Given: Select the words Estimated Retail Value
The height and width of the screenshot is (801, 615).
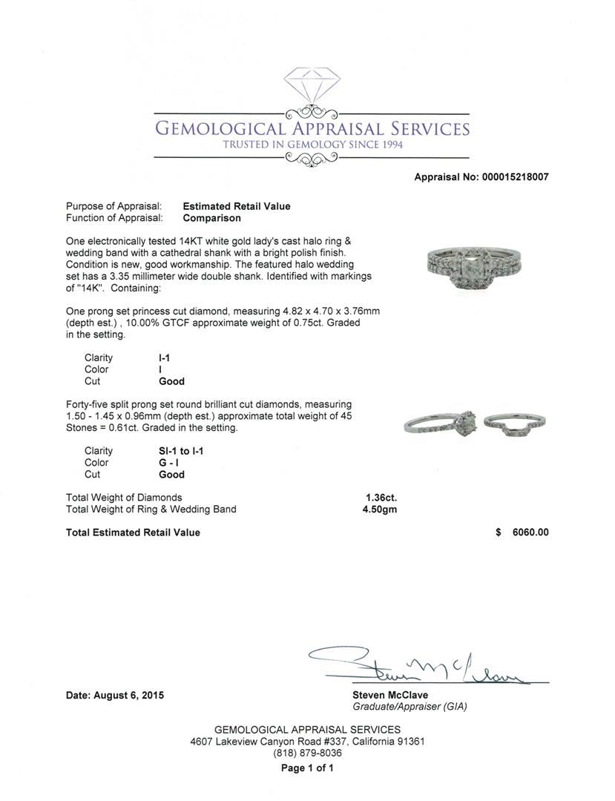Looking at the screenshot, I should click(237, 206).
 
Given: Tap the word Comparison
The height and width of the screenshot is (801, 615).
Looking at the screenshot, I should click(211, 218).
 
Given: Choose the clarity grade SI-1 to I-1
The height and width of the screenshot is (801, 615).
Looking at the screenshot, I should click(182, 451).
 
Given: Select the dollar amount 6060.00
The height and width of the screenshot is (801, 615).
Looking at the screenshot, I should click(530, 533).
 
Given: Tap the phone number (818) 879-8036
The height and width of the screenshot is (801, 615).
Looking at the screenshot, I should click(307, 753).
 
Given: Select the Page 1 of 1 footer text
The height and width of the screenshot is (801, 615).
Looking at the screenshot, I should click(307, 768).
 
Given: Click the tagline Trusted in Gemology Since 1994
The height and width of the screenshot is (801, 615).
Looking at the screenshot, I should click(312, 145).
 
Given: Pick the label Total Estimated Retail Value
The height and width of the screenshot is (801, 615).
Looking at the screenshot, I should click(133, 533).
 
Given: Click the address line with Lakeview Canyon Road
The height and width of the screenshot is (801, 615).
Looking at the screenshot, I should click(307, 741).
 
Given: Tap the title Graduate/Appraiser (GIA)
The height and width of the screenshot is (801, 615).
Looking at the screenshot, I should click(410, 707).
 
